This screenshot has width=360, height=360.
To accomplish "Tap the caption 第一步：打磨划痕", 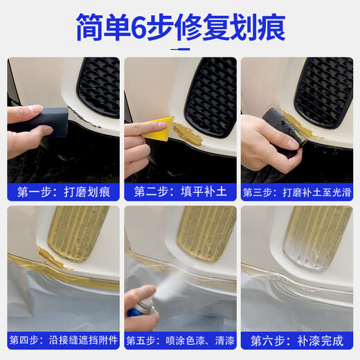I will [x=64, y=192].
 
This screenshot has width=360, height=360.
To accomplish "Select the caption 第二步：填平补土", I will [x=180, y=192].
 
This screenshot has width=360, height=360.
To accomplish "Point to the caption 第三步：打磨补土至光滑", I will [x=296, y=192].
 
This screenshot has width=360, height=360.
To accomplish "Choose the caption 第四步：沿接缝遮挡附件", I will [x=64, y=340].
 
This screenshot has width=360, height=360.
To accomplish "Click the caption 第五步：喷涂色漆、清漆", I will [x=180, y=340].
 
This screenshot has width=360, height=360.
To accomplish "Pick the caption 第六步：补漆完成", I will [x=296, y=340].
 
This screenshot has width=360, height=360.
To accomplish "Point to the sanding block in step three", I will [x=284, y=125].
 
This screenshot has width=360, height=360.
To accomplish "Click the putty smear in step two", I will [x=187, y=134].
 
